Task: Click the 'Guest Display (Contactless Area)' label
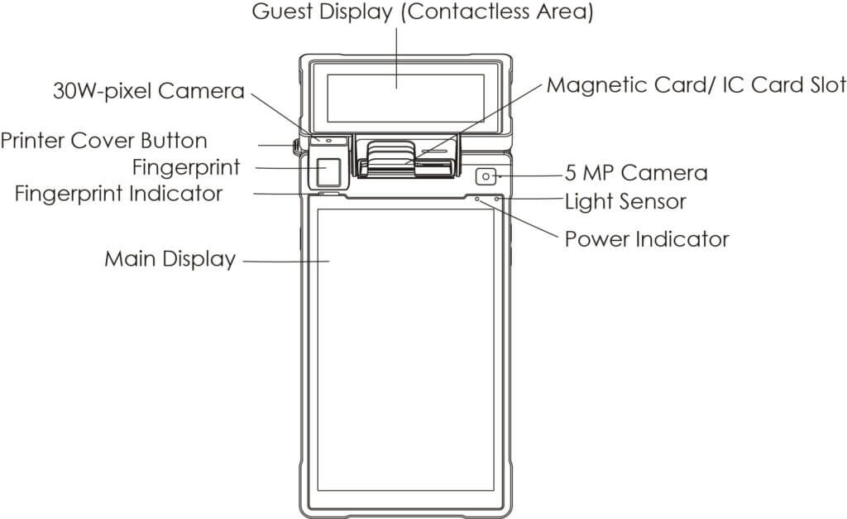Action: coord(423,14)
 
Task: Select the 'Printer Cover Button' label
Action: coord(104,140)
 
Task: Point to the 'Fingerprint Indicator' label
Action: coord(119,194)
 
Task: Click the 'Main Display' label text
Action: coord(170,259)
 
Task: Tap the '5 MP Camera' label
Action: coord(636,173)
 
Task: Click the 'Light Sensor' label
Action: coord(625,200)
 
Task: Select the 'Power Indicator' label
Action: coord(647,239)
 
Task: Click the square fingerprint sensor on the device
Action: coord(330,171)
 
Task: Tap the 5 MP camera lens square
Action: coord(486,176)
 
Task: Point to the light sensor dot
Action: coord(497,199)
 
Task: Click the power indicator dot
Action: coord(476,199)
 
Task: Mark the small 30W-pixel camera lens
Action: coord(329,141)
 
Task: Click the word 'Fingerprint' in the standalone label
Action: coord(186,167)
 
